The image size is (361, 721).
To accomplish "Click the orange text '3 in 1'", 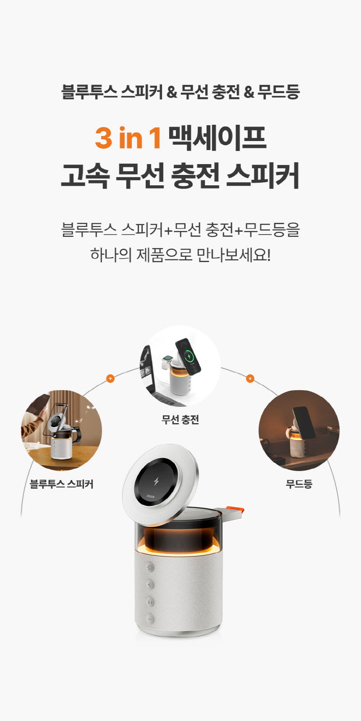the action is point(128,138).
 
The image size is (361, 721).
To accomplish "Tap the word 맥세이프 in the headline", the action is point(218,138).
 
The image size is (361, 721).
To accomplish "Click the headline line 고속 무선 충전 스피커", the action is point(180,175).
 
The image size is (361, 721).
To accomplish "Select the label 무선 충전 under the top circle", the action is point(180,419).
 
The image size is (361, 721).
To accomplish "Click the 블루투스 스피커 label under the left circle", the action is point(61,484).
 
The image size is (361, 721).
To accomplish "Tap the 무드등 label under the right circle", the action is point(299,484).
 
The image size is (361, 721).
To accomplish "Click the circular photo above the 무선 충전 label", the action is point(180,367).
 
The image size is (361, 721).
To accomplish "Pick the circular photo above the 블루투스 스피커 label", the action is point(61,430).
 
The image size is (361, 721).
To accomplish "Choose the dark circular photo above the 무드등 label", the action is point(299,430).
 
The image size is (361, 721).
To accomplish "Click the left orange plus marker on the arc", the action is point(110,378).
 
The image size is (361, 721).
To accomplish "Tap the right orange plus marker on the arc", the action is point(250,378).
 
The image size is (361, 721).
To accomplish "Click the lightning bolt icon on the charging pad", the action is point(157,481).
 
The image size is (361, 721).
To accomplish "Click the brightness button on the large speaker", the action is point(150,567).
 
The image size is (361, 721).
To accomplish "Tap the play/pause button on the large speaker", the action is point(150,601).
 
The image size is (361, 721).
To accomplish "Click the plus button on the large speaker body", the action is point(150,584).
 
